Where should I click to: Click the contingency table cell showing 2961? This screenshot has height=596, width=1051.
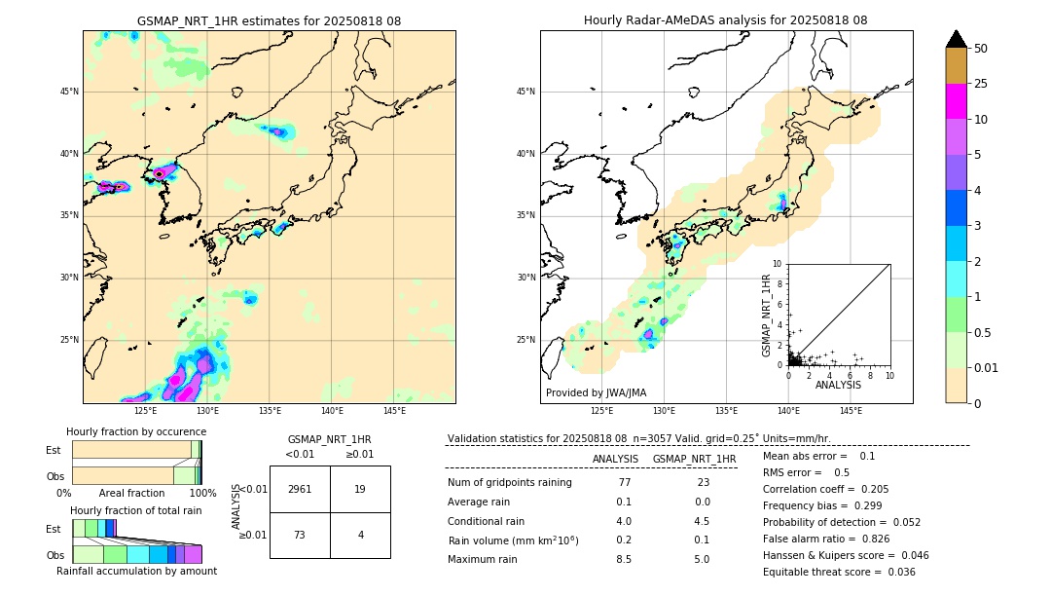click(300, 489)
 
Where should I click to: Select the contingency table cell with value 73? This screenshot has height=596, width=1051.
click(300, 535)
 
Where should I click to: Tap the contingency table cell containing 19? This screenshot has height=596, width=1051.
click(360, 489)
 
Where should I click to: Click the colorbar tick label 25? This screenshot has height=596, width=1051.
click(981, 84)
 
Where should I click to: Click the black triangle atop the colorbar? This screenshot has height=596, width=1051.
click(957, 39)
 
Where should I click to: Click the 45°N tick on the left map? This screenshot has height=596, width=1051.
click(69, 92)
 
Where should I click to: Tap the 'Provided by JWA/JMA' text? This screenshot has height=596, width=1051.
click(596, 392)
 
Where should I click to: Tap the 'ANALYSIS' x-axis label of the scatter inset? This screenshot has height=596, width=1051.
click(838, 386)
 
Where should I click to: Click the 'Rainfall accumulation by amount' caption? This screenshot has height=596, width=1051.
click(137, 571)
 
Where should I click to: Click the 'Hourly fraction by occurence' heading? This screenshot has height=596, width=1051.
click(136, 431)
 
